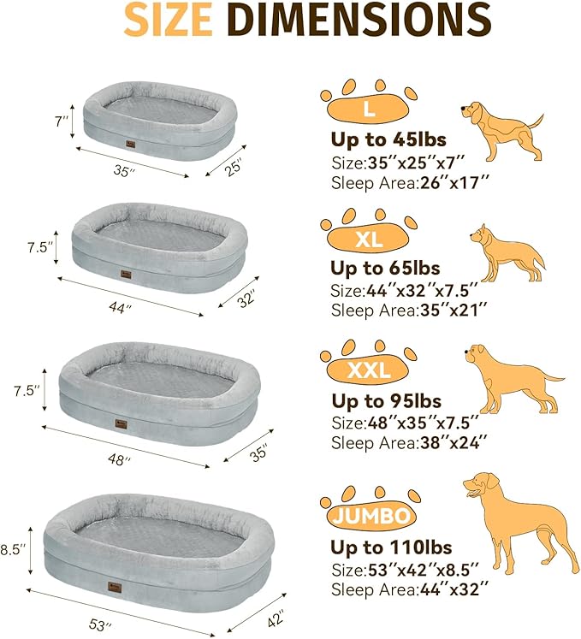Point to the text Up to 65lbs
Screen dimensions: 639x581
point(388,268)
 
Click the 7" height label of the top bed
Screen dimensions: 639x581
point(61,122)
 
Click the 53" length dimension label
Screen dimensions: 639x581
point(101,628)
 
